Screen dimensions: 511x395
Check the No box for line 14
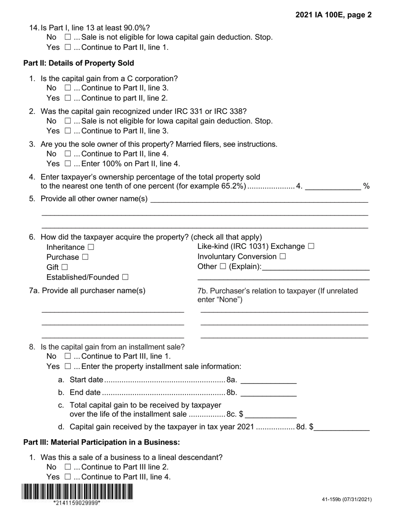tap(68, 37)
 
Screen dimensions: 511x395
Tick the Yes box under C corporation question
tap(68, 98)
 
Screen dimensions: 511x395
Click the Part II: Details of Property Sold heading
tap(79, 63)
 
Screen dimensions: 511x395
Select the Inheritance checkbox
tap(91, 247)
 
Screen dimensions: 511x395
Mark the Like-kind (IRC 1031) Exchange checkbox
tap(311, 246)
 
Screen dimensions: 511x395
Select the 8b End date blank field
tap(269, 392)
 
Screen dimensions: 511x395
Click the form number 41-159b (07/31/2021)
tap(346, 499)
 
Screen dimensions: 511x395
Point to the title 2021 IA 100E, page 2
tap(333, 15)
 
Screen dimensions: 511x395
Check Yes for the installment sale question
tap(68, 366)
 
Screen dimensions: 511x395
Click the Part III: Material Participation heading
tap(101, 442)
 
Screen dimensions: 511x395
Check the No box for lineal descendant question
tap(68, 467)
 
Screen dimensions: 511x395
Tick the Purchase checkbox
tap(85, 257)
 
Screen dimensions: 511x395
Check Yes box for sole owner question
tap(68, 164)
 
